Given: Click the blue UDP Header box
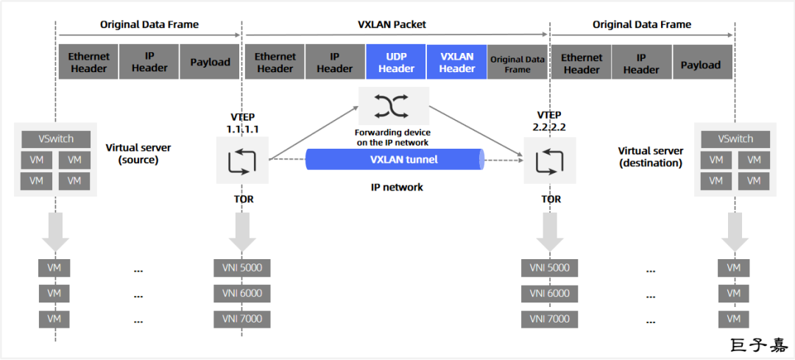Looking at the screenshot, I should pos(396,63).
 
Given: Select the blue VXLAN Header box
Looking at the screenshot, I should pos(456,63).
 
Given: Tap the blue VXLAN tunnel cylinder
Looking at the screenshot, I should pos(393,159).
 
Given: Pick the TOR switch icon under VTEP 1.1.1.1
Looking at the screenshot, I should pos(241,160).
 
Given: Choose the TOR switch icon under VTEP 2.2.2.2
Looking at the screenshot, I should pos(549,160).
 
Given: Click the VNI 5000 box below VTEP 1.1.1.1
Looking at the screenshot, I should pos(241,268).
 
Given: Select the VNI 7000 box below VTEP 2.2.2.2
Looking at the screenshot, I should pos(549,319).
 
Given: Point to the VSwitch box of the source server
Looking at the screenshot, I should pos(55,138).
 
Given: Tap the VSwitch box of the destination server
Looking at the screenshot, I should pos(735,138).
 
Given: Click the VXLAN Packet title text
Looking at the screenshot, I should pos(397,24).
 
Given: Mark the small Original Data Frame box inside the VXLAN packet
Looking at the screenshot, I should pos(517,64).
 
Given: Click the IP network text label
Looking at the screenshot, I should pos(397,187).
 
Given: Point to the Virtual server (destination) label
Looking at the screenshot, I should pos(651,156).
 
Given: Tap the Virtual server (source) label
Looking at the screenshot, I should pos(138,152).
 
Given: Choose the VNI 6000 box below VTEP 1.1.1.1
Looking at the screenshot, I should pos(241,294).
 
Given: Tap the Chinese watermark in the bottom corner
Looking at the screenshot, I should pos(757,345).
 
